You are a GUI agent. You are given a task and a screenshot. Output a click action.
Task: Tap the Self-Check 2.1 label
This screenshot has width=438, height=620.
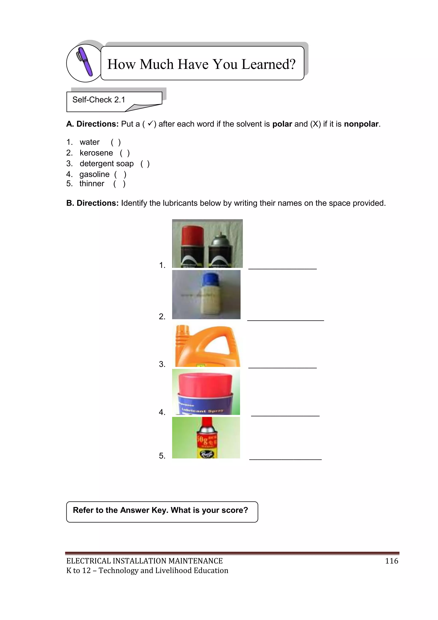[99, 100]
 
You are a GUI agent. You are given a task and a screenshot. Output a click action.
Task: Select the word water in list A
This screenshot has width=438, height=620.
[90, 142]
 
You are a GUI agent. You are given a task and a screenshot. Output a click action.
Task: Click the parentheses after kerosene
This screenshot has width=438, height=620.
[125, 153]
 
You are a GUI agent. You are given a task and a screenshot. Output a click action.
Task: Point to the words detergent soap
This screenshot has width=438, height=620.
[107, 164]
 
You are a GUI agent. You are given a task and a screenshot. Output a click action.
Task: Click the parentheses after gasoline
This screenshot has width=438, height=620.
[120, 175]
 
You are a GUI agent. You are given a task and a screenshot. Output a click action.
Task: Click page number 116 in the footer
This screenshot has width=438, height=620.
[392, 561]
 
